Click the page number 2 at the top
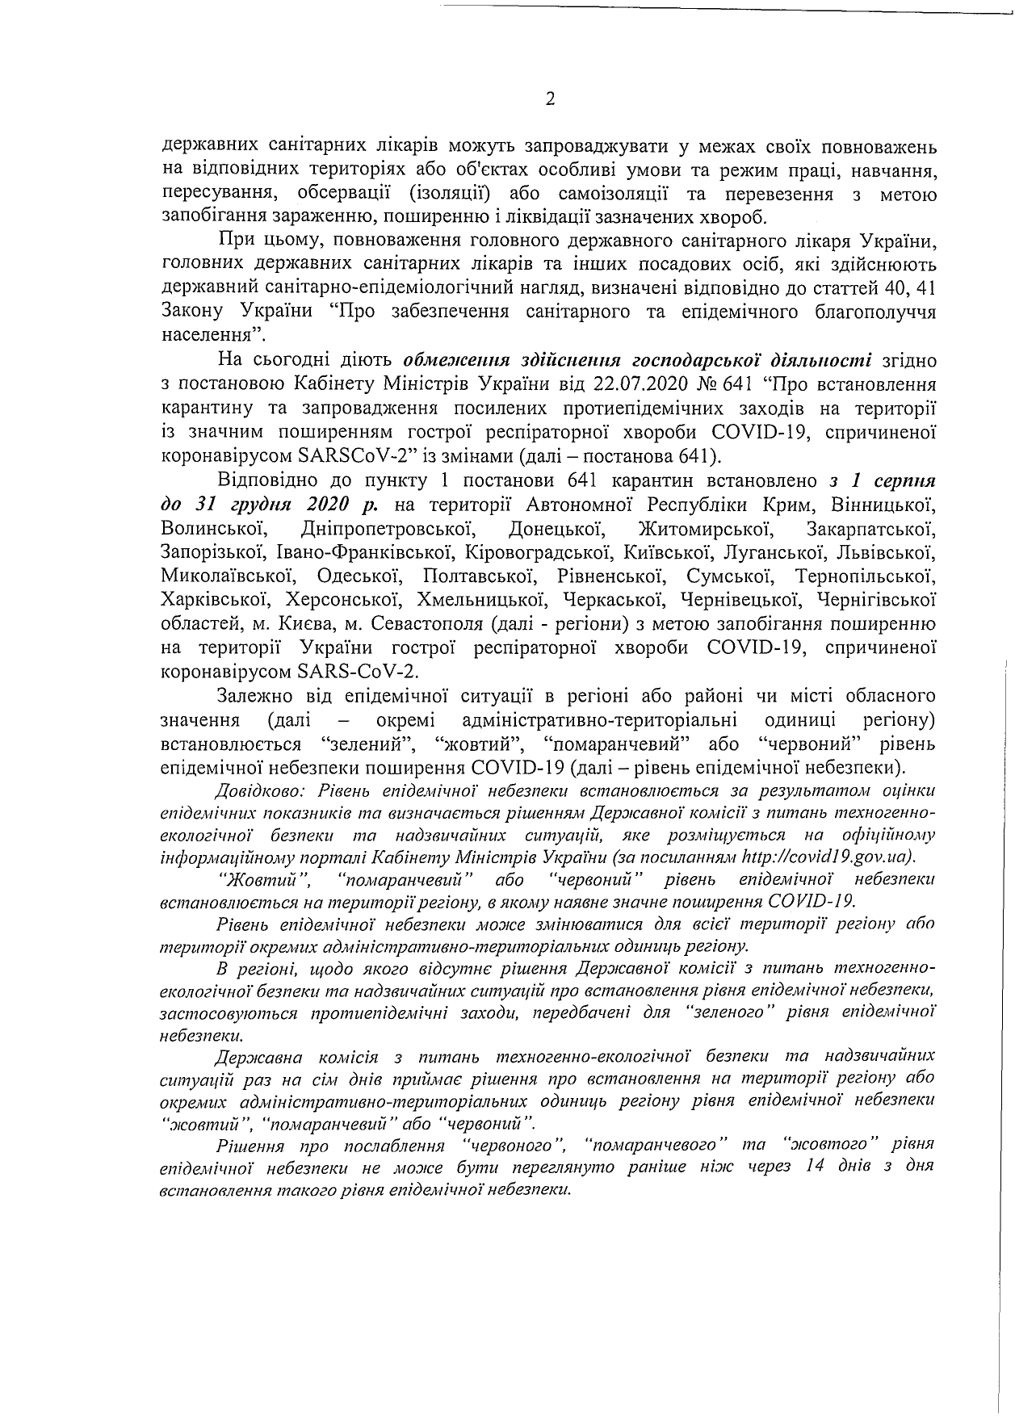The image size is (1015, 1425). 551,99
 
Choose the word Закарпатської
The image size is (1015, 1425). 870,530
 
